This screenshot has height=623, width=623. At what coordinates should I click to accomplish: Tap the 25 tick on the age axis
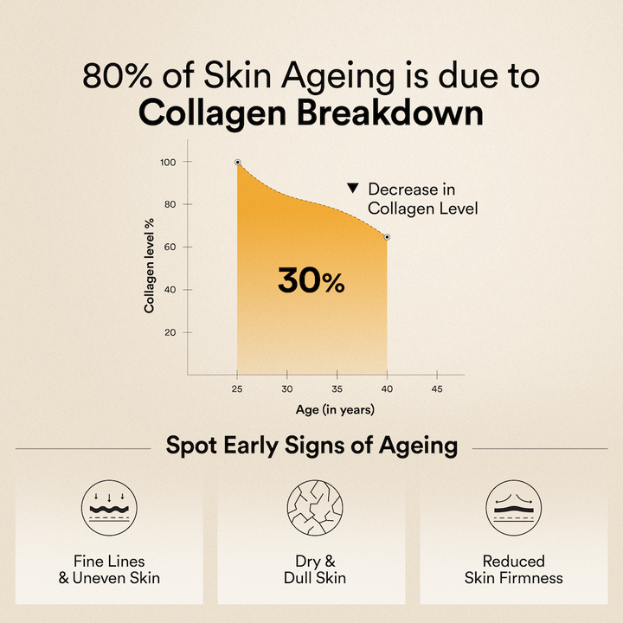click(x=237, y=389)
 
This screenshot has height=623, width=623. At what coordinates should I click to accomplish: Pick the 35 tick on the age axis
click(x=337, y=389)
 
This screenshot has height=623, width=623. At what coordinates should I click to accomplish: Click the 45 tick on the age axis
click(x=437, y=389)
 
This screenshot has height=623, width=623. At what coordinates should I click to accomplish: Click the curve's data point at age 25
click(x=238, y=162)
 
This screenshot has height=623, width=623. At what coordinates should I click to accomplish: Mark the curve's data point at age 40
click(x=387, y=236)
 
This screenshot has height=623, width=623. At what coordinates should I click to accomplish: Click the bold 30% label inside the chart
click(x=311, y=279)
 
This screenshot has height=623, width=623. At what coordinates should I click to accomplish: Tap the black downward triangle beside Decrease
click(x=352, y=189)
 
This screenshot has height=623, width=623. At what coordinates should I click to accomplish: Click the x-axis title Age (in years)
click(x=337, y=409)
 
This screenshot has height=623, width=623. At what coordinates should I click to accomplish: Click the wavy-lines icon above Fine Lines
click(x=108, y=509)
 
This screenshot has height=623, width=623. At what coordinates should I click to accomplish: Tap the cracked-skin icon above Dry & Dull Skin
click(x=311, y=509)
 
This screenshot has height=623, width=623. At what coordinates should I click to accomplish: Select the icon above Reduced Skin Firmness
click(x=514, y=509)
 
